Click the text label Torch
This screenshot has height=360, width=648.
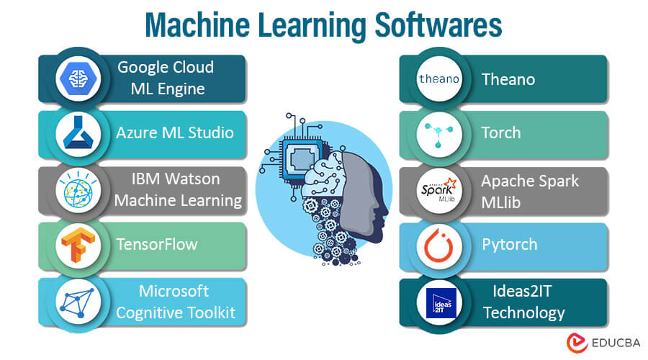pyautogui.click(x=501, y=133)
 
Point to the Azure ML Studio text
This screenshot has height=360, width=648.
pyautogui.click(x=174, y=133)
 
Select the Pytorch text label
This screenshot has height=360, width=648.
pyautogui.click(x=509, y=244)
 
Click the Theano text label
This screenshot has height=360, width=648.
pyautogui.click(x=508, y=78)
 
